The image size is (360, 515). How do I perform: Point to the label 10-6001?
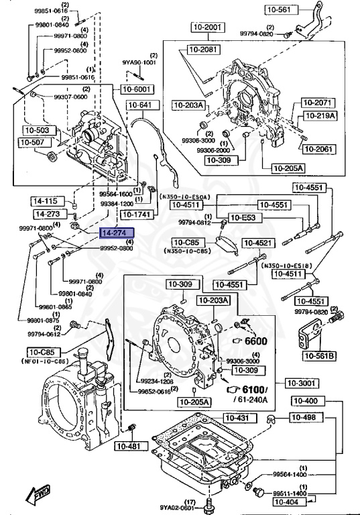138,89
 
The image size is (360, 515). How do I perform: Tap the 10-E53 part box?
243,217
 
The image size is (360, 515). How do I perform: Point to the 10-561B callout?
320,356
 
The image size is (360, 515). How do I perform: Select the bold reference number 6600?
255,341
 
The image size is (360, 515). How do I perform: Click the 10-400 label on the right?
306,401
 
